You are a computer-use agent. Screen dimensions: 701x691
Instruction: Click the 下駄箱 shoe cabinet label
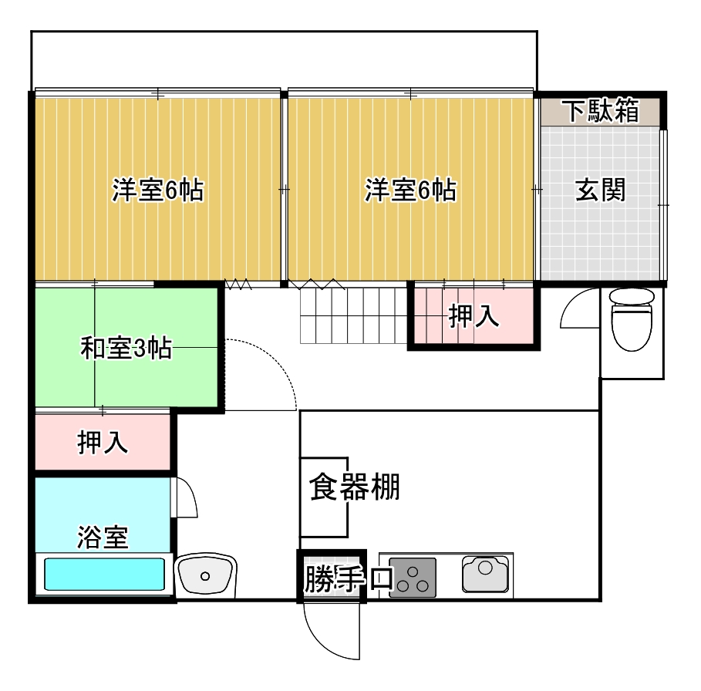click(x=601, y=110)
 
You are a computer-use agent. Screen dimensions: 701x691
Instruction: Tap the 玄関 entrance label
click(x=600, y=190)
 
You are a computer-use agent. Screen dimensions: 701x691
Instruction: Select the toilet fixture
click(x=632, y=319)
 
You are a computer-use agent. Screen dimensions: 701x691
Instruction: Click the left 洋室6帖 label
click(x=158, y=190)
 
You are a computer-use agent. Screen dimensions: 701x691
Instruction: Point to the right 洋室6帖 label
click(x=410, y=190)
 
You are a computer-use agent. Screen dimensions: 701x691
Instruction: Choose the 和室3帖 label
click(x=126, y=348)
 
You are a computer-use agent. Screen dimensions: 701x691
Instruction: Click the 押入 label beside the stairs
click(x=474, y=315)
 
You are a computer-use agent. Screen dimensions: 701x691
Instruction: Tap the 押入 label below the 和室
click(x=103, y=442)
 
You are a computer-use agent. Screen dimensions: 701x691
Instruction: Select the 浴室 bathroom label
click(x=103, y=537)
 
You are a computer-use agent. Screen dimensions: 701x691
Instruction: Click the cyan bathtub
click(x=104, y=574)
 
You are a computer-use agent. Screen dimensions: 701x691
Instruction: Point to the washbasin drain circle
click(x=205, y=576)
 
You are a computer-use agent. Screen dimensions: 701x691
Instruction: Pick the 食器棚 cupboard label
click(x=355, y=487)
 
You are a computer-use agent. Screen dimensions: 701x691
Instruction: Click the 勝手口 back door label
click(x=349, y=579)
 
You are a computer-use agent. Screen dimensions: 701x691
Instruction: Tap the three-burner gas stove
click(x=413, y=578)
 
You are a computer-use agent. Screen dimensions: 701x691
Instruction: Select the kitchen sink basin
click(x=486, y=574)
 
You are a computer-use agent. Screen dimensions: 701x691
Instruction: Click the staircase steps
click(x=354, y=315)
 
